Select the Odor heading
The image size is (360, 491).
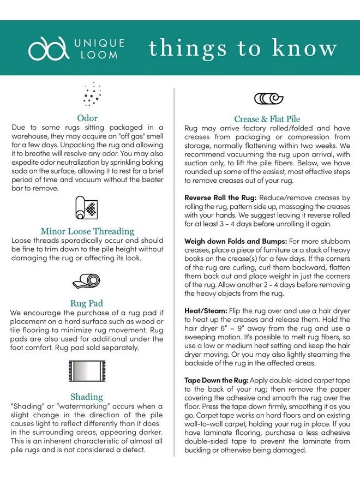coord(87,118)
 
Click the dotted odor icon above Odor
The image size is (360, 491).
coord(91,94)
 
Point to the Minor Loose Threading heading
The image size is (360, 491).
coord(87,231)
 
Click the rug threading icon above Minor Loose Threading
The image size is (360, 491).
coord(87,208)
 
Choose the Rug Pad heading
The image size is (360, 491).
coord(87,303)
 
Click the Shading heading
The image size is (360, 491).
coord(87,397)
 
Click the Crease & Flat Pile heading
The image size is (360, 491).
coord(267,119)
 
